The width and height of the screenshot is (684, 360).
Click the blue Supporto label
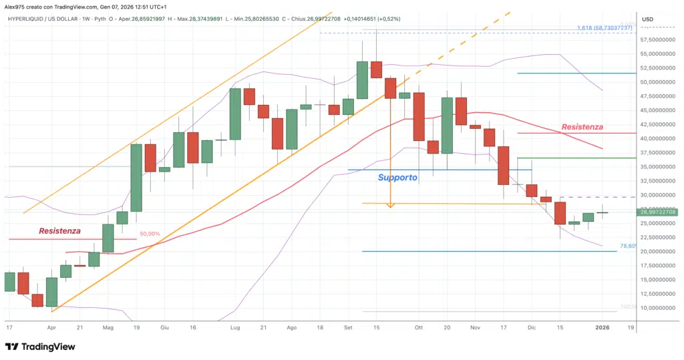(397, 178)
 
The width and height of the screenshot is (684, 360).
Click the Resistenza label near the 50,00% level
(59, 230)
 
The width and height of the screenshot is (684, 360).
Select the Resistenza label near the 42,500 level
(582, 126)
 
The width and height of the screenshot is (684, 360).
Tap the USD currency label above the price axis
(647, 19)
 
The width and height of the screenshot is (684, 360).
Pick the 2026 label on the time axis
(603, 328)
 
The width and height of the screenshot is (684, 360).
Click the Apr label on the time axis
(51, 328)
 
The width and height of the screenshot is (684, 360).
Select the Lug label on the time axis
(235, 328)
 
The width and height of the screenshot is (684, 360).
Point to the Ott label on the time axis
(419, 328)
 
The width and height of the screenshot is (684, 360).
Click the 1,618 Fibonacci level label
(604, 27)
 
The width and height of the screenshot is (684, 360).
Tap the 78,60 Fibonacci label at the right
(627, 246)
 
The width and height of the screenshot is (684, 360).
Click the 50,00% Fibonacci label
(150, 234)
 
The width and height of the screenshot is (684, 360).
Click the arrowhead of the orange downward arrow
(390, 205)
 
